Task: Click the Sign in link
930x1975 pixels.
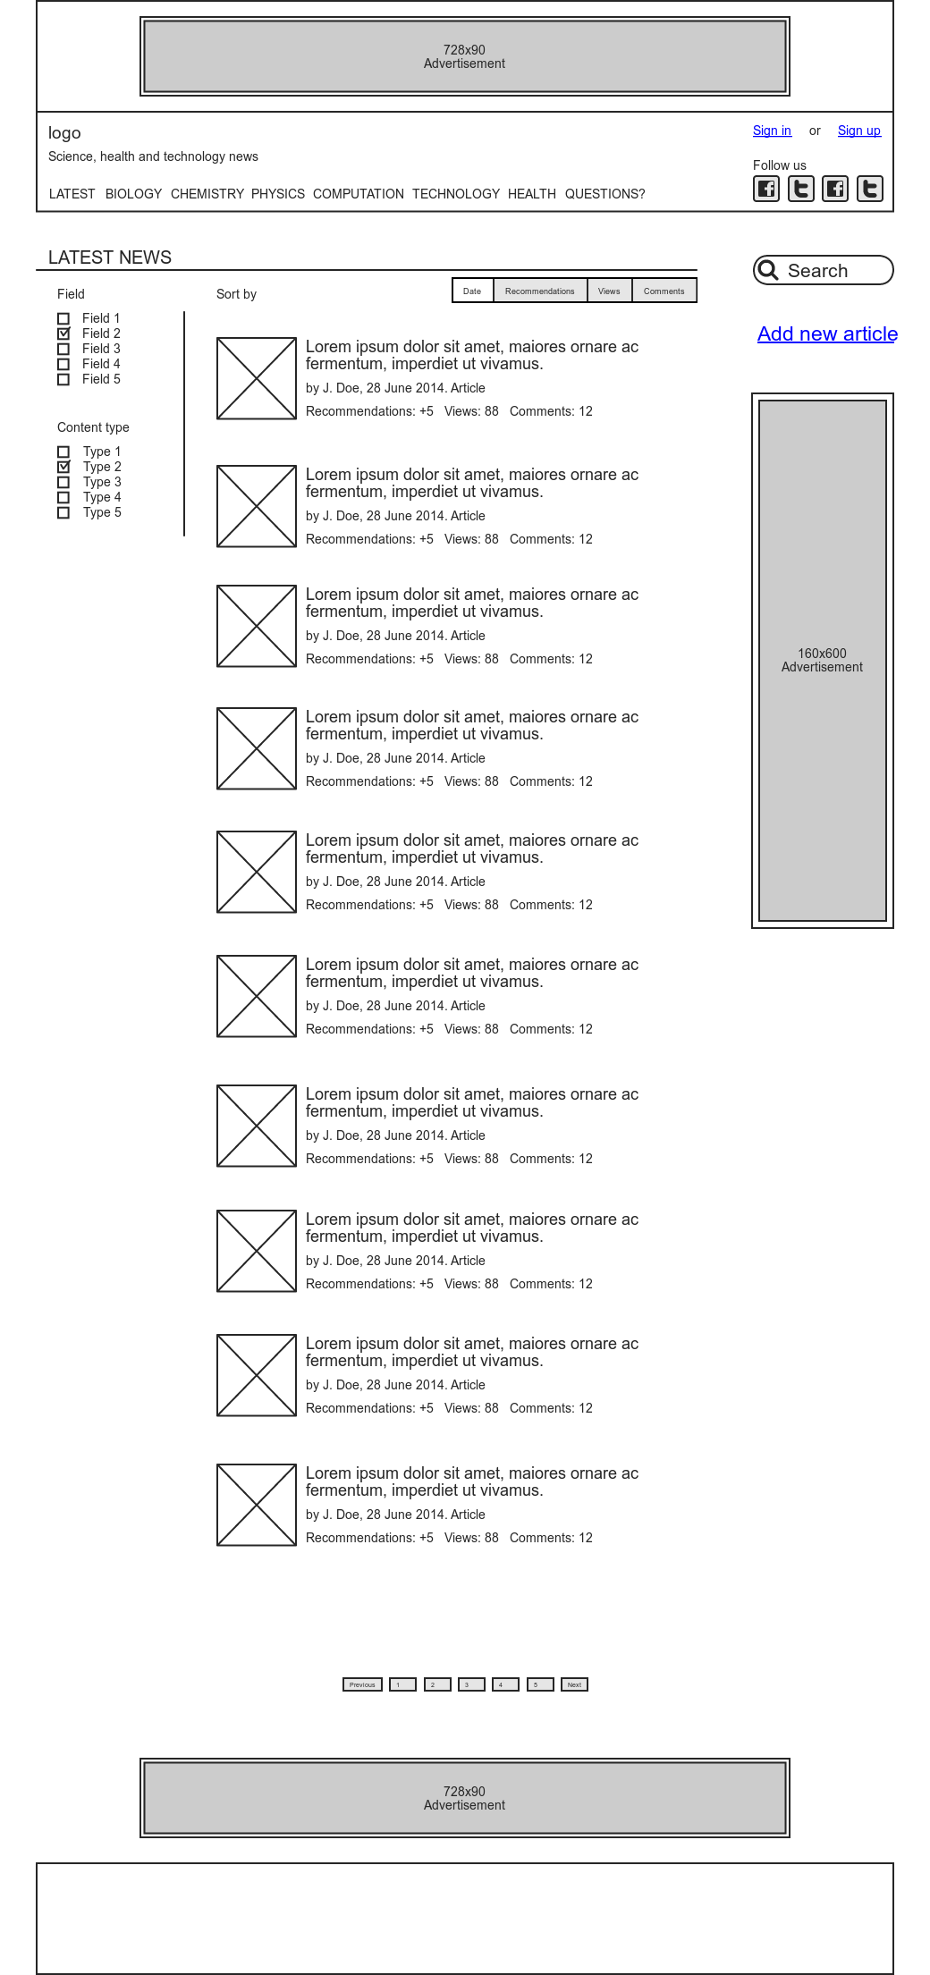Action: pyautogui.click(x=772, y=131)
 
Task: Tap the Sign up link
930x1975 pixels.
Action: pyautogui.click(x=858, y=131)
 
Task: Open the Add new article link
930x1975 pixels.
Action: pyautogui.click(x=827, y=333)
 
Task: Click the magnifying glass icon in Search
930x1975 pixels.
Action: pyautogui.click(x=767, y=269)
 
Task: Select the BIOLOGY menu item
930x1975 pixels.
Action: pyautogui.click(x=133, y=194)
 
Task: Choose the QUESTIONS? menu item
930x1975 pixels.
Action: pyautogui.click(x=604, y=194)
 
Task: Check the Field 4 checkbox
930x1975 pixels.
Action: pyautogui.click(x=63, y=364)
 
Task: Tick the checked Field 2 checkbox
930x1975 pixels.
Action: pyautogui.click(x=63, y=333)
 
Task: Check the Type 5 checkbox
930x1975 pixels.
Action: pyautogui.click(x=63, y=512)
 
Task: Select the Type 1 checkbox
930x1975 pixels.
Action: pyautogui.click(x=63, y=452)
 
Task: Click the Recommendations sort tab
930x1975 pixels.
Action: pyautogui.click(x=539, y=291)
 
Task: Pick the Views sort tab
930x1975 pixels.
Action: pyautogui.click(x=609, y=291)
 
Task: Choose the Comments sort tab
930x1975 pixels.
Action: pyautogui.click(x=664, y=291)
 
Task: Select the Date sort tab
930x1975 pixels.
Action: pyautogui.click(x=472, y=291)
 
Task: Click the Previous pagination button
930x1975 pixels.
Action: pyautogui.click(x=362, y=1684)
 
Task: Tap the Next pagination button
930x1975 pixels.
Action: pyautogui.click(x=574, y=1684)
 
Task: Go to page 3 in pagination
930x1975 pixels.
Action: pyautogui.click(x=471, y=1684)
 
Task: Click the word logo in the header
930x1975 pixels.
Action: pyautogui.click(x=64, y=133)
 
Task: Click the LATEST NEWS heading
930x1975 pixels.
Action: pyautogui.click(x=110, y=257)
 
